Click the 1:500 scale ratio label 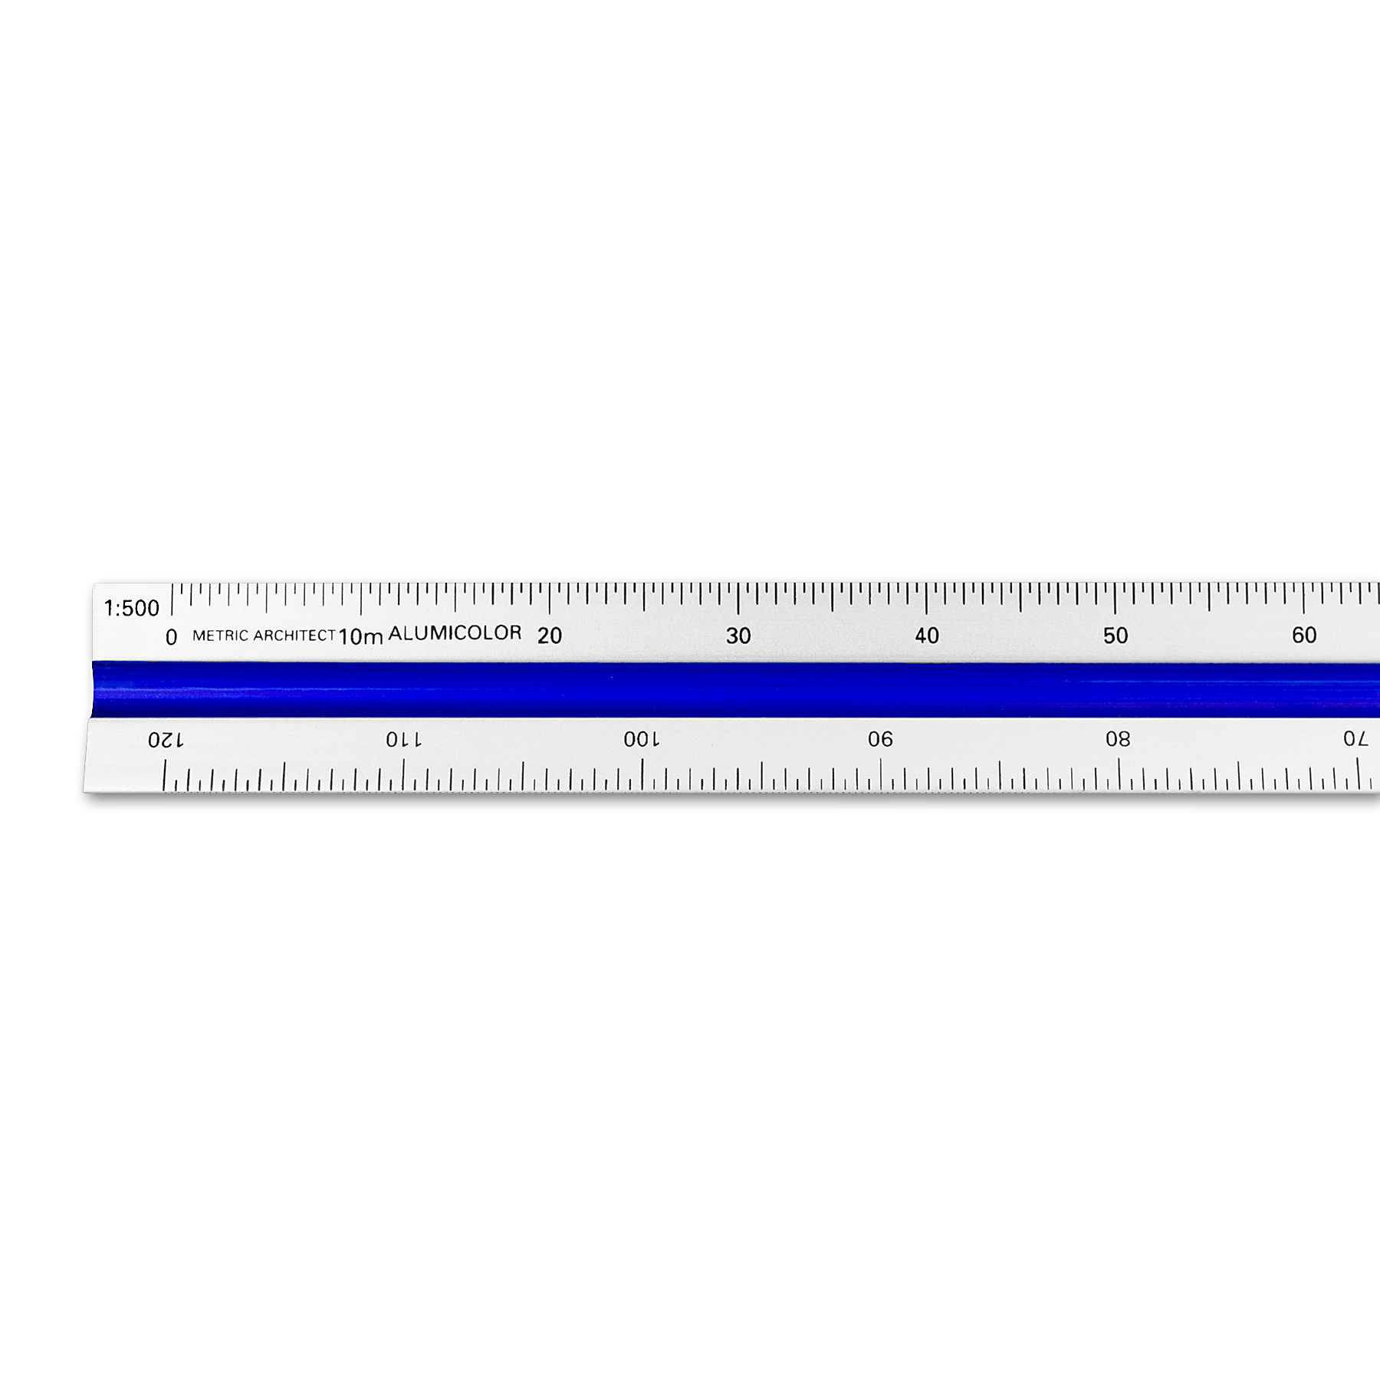[x=132, y=609]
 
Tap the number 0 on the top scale [x=171, y=637]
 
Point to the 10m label [x=360, y=636]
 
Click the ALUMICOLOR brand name [x=455, y=633]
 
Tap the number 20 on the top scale [x=550, y=636]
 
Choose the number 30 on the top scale [x=738, y=636]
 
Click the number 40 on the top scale [x=927, y=636]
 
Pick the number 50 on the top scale [x=1115, y=636]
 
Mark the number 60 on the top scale [x=1304, y=635]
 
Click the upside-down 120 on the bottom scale [x=166, y=740]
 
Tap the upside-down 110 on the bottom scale [x=403, y=740]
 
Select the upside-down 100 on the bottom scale [x=641, y=740]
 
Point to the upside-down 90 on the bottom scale [x=880, y=740]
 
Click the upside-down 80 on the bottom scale [x=1118, y=740]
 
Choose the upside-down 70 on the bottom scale [x=1355, y=740]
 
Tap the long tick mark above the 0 [x=172, y=600]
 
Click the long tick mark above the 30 [x=738, y=599]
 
